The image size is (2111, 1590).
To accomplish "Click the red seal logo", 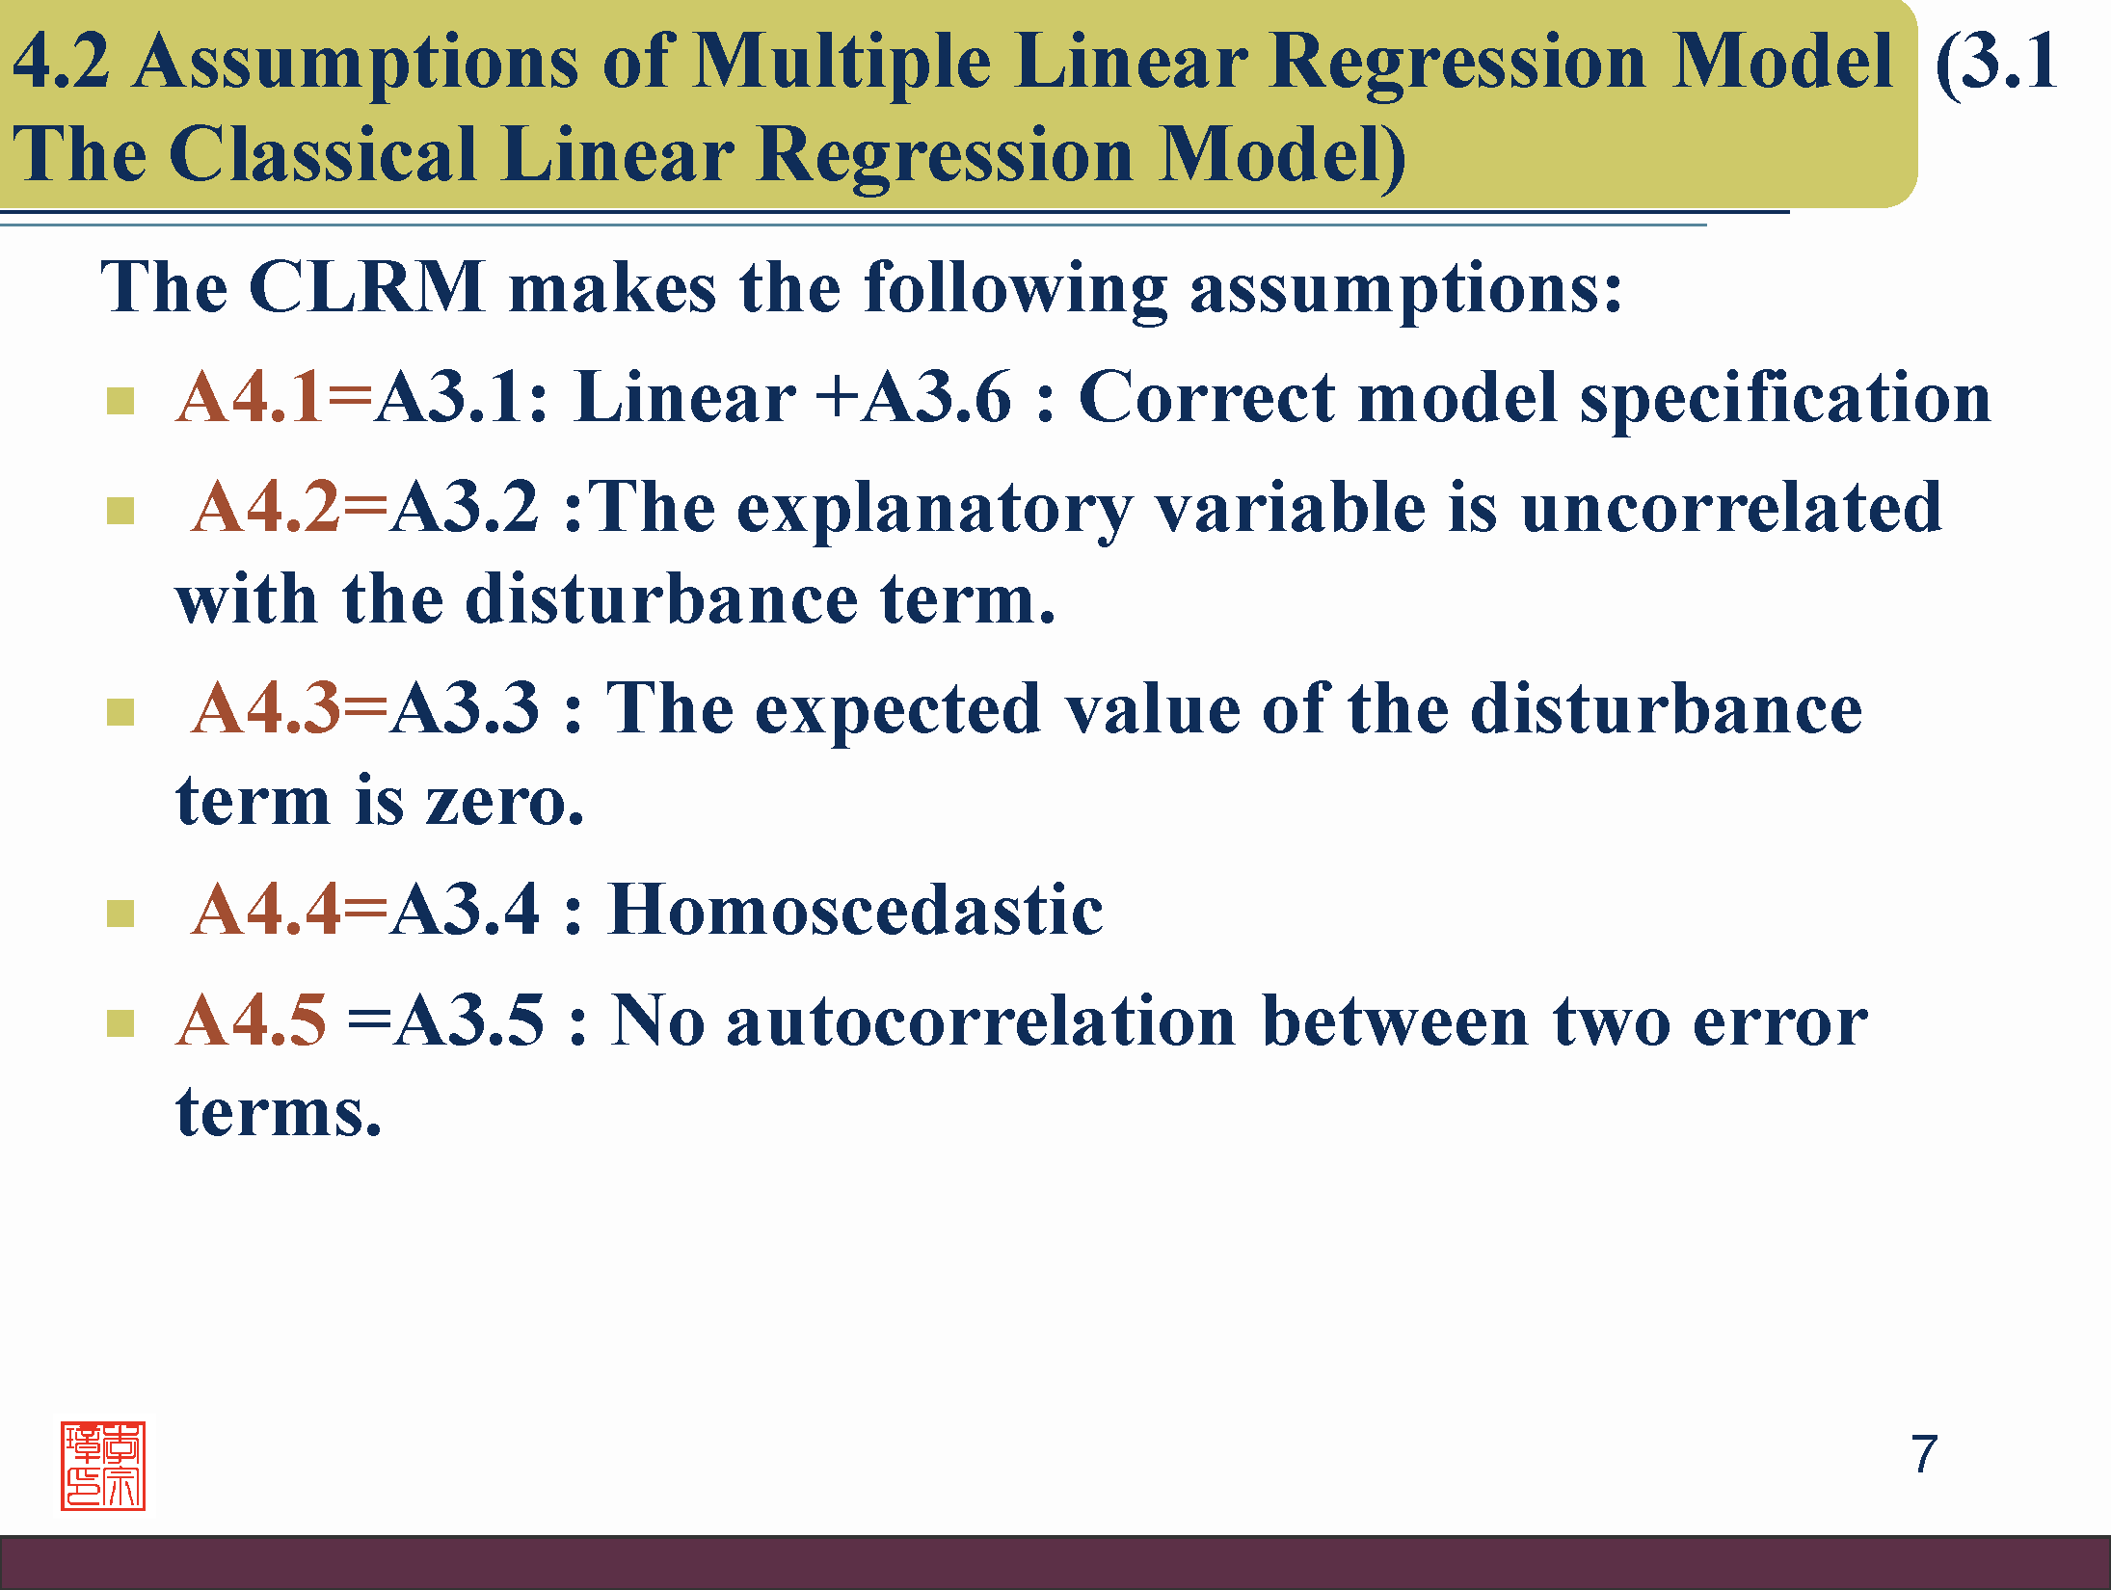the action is tap(103, 1465).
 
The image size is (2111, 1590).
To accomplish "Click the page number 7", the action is tap(1924, 1454).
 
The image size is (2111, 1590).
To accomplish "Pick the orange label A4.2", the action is tap(265, 507).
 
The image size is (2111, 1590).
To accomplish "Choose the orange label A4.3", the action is tap(265, 708).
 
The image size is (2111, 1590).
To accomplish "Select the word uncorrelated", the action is tap(1731, 507).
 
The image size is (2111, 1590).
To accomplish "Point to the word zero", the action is tap(505, 802).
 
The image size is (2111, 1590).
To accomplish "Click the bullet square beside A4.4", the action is tap(120, 913).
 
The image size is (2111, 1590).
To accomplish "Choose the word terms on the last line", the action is tap(279, 1113).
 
